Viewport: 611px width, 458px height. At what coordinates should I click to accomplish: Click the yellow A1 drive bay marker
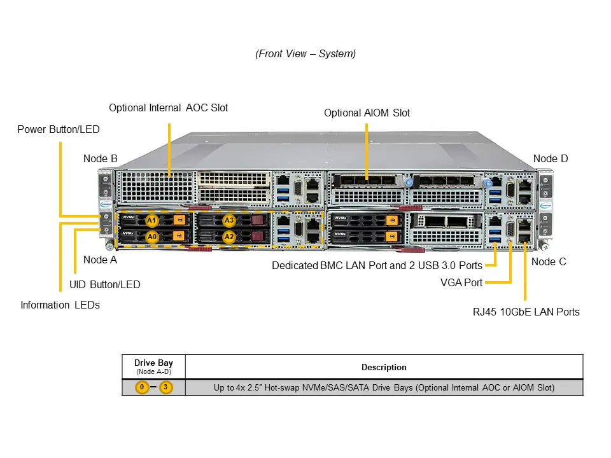151,220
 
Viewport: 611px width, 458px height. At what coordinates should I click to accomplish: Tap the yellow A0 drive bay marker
151,237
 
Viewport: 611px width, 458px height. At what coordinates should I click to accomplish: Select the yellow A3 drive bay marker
229,220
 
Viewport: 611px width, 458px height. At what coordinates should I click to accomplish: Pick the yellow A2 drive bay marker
229,237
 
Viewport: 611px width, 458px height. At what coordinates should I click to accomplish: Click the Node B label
100,158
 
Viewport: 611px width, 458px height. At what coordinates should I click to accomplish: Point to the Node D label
550,158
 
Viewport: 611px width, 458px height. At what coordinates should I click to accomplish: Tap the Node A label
100,260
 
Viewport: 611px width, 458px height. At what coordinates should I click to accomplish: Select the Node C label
548,261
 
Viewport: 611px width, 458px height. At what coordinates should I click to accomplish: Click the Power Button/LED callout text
58,129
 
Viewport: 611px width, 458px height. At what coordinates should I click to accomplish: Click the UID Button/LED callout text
104,284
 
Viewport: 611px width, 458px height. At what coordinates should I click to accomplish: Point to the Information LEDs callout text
60,305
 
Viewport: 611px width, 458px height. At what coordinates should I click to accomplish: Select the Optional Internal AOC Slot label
168,108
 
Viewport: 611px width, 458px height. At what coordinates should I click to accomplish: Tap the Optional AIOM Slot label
367,113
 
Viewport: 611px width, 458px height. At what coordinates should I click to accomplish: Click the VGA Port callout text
461,282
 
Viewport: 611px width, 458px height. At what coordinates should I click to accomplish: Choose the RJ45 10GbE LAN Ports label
526,311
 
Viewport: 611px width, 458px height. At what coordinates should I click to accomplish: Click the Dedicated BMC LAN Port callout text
377,265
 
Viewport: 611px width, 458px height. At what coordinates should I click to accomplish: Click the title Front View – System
305,53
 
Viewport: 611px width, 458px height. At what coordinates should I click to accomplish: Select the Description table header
384,367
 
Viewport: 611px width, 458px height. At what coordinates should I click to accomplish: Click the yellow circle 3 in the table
166,387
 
